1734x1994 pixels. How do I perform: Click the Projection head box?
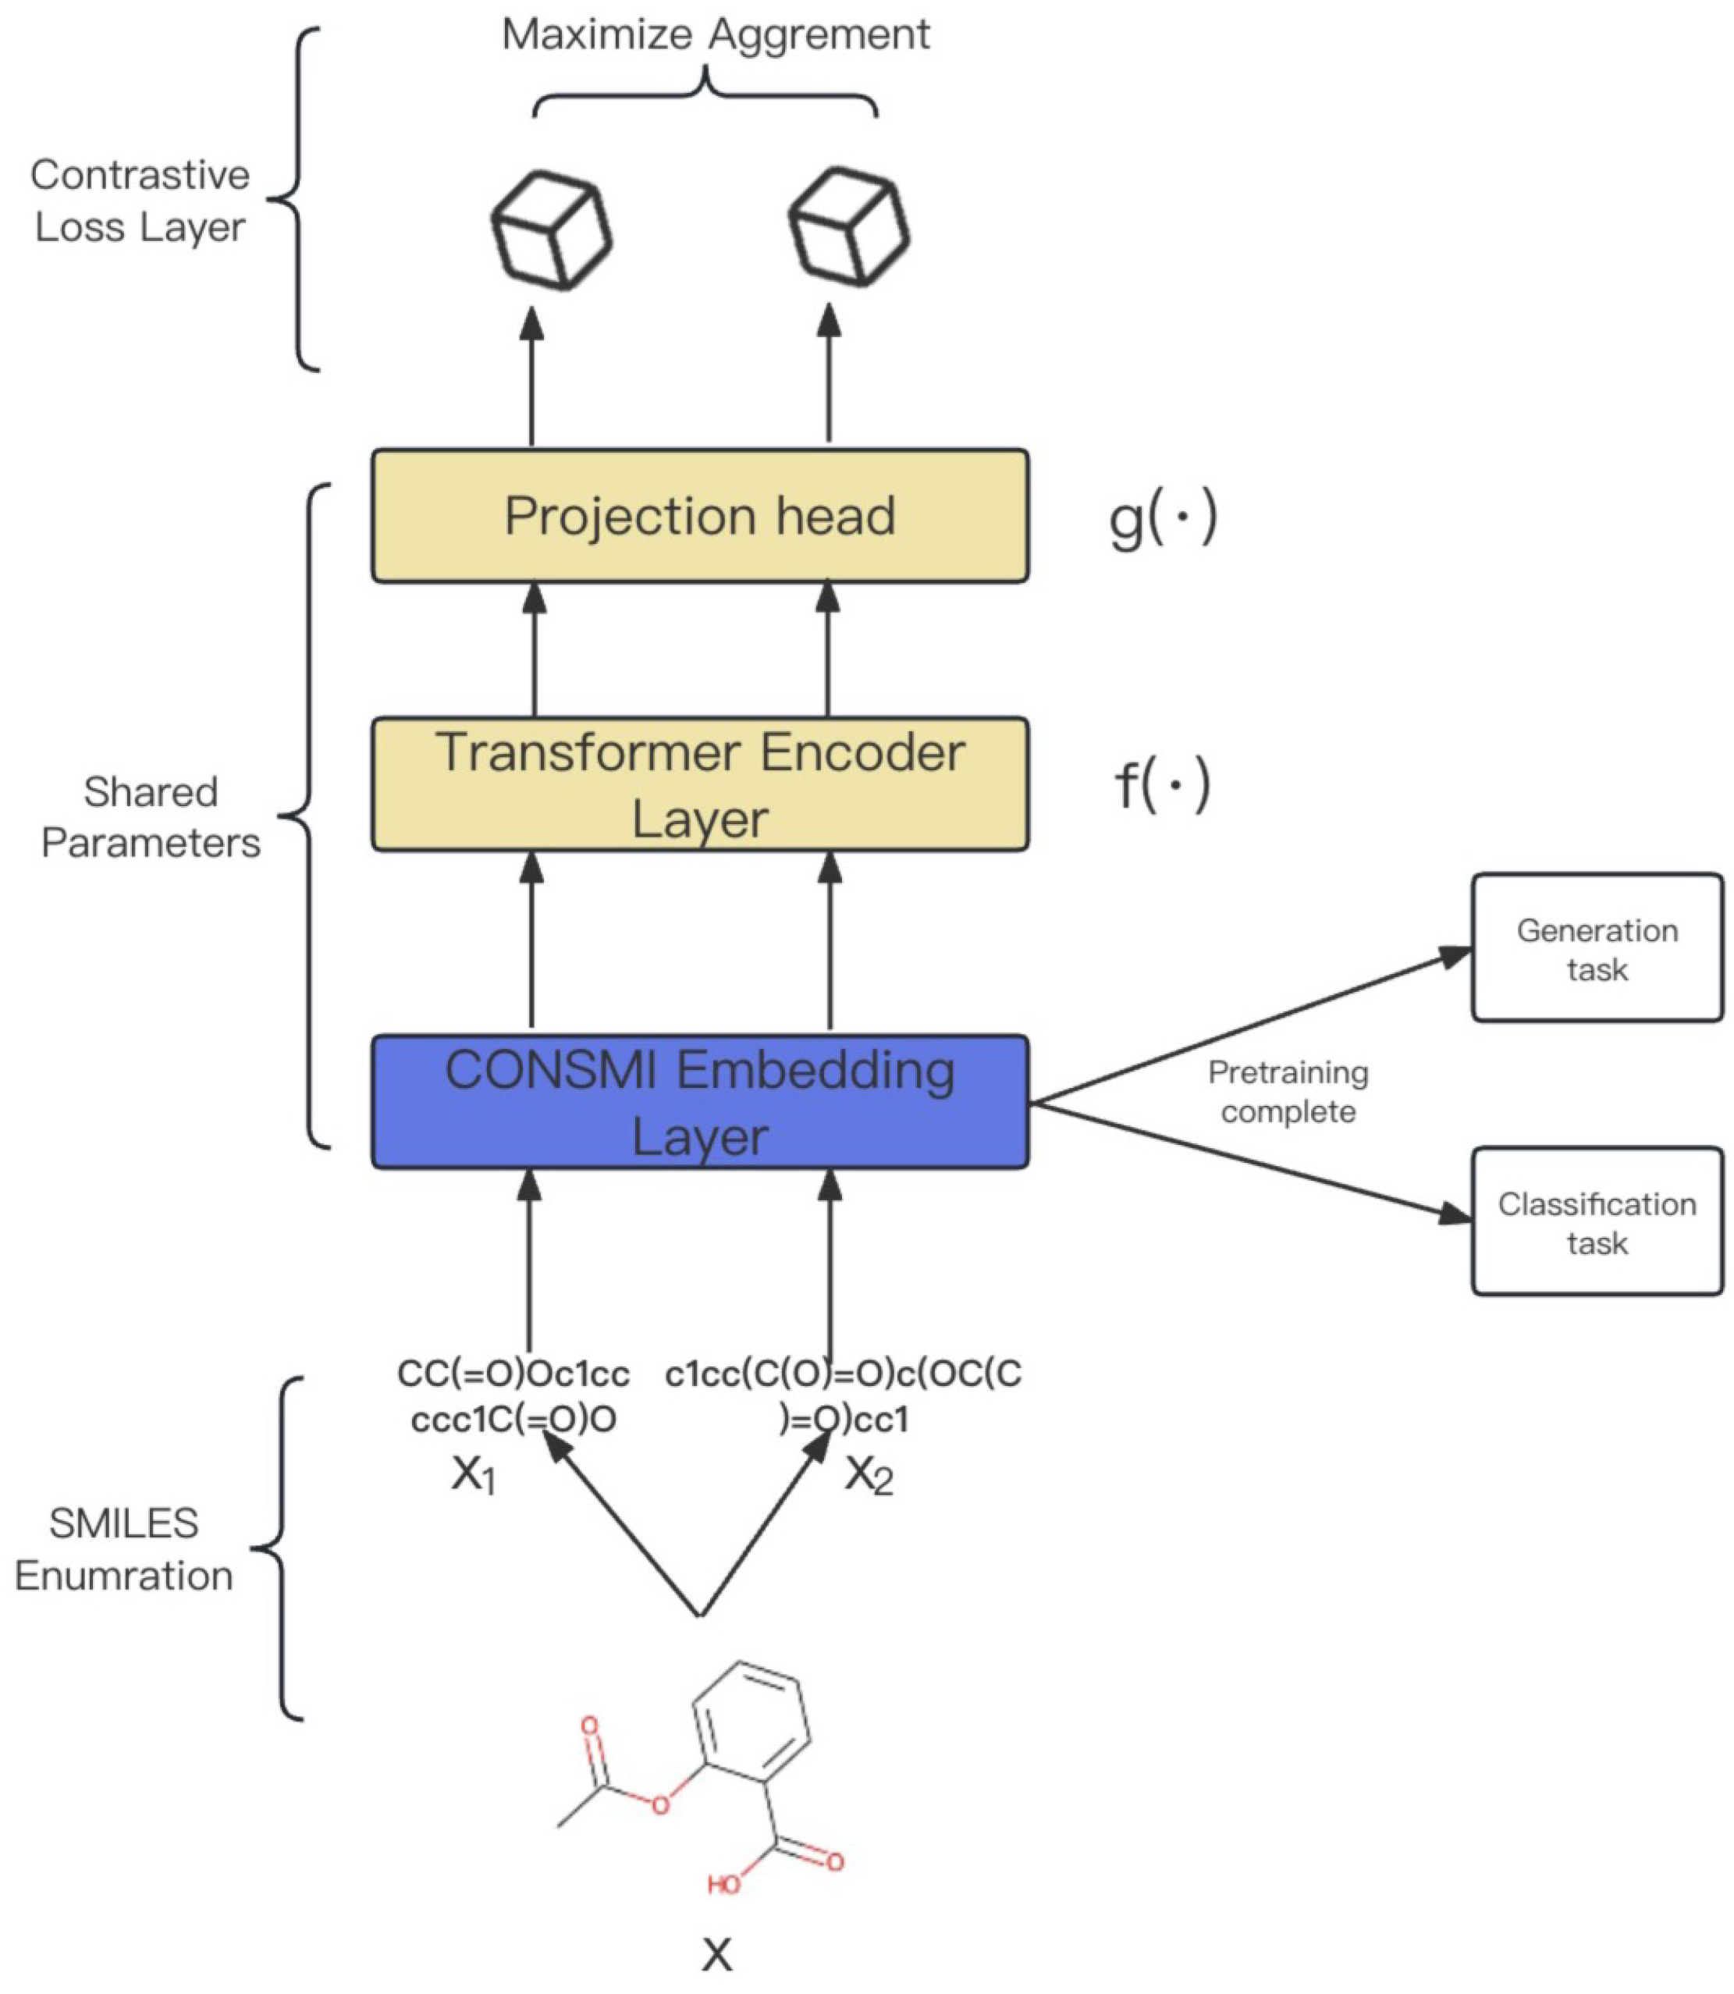click(699, 516)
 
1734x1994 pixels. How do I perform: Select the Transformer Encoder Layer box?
click(699, 784)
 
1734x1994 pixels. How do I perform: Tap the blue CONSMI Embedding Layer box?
click(699, 1102)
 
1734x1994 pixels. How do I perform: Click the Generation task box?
click(1597, 948)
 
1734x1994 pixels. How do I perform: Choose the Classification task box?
click(1597, 1222)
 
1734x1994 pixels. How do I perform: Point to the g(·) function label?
click(1162, 520)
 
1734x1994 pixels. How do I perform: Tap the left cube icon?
click(552, 230)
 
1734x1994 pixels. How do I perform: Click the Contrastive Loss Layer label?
click(140, 201)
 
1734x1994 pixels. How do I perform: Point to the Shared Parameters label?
click(151, 818)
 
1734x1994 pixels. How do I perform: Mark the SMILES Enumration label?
click(124, 1550)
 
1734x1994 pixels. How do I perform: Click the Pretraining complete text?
click(1288, 1091)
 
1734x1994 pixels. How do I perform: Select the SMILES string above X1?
click(513, 1396)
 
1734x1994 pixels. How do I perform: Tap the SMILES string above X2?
click(844, 1396)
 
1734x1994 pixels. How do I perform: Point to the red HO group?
click(723, 1884)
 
